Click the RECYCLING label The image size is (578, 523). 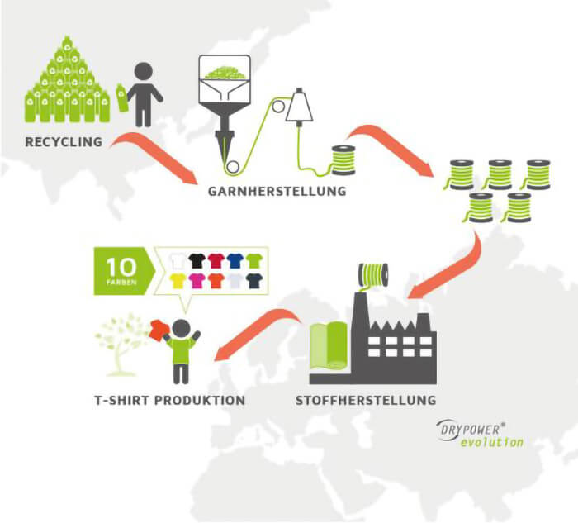(64, 142)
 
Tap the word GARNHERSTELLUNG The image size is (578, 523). (277, 191)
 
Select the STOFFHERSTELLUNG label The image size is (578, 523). (366, 400)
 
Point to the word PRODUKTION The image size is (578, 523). (200, 400)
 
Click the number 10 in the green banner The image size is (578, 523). (121, 267)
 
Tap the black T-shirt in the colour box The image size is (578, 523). (197, 261)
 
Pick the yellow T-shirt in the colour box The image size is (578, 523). (178, 281)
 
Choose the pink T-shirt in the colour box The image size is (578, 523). (197, 281)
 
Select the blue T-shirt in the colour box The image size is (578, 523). (235, 261)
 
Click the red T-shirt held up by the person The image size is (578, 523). (159, 330)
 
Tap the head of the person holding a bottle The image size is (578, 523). (144, 72)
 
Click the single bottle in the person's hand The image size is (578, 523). (122, 97)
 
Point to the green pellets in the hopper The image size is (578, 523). (225, 73)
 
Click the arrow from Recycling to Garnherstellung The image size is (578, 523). (155, 155)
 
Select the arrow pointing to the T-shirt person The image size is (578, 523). (258, 334)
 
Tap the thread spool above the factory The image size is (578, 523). (373, 275)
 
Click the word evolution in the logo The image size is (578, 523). (492, 441)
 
